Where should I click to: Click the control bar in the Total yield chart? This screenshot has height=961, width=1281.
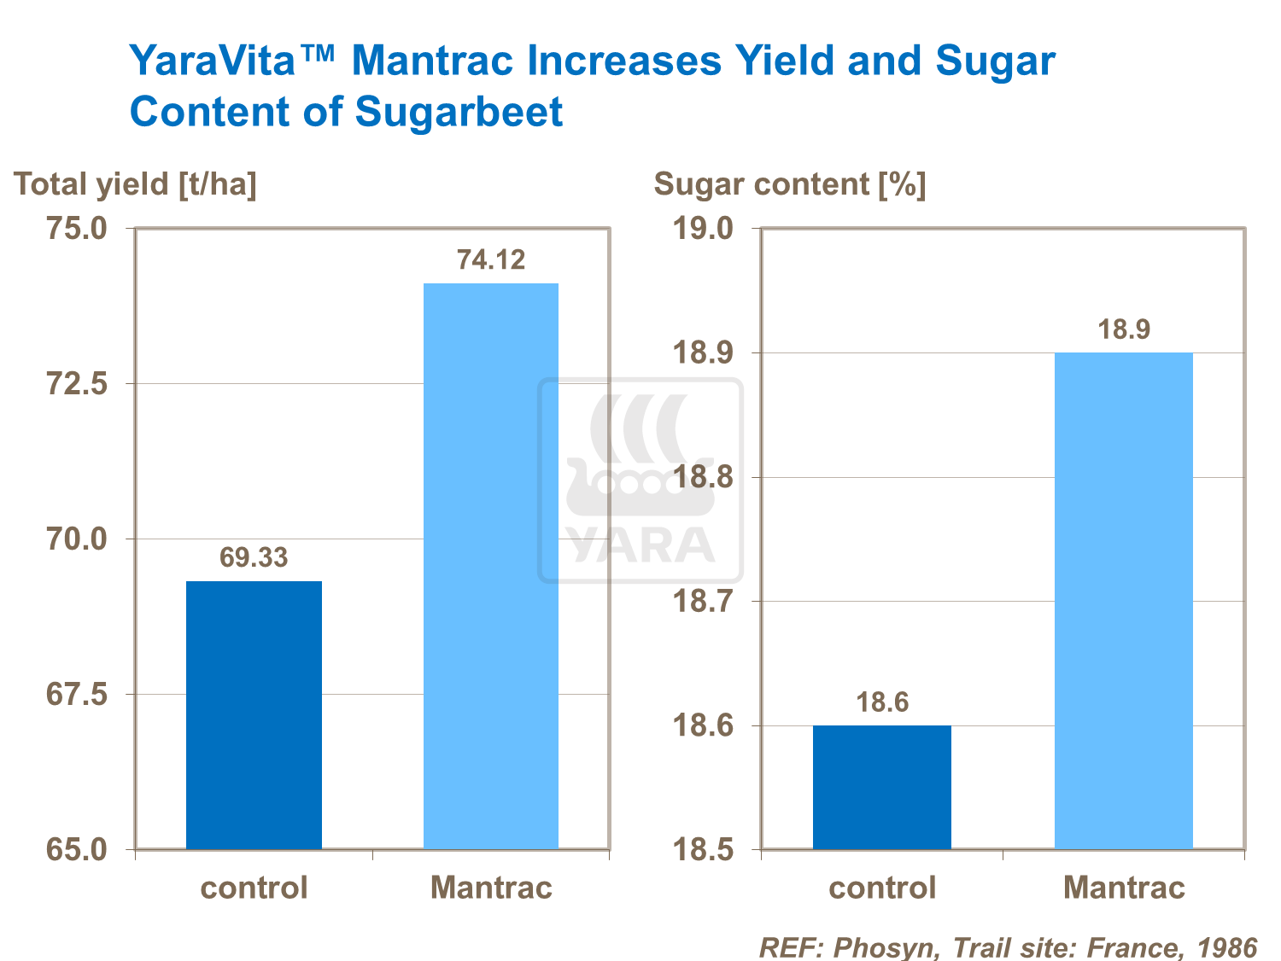click(x=254, y=715)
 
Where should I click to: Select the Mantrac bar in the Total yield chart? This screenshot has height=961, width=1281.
click(x=491, y=566)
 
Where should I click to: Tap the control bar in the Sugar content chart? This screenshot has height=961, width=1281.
click(x=881, y=787)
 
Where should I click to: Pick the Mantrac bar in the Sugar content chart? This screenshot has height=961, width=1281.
click(x=1123, y=601)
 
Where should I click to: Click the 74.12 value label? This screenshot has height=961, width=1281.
click(x=491, y=259)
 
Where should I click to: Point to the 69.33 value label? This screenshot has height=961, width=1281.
click(x=254, y=557)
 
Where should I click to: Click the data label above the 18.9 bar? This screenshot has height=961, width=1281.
click(x=1124, y=329)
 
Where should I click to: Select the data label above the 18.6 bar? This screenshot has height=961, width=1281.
click(x=882, y=702)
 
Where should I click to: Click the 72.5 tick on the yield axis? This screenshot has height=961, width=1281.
click(x=76, y=384)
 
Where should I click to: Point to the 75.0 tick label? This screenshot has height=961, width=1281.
click(x=76, y=229)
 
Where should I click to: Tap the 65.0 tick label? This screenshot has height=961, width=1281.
click(x=76, y=850)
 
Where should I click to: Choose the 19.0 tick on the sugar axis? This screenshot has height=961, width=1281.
click(x=703, y=229)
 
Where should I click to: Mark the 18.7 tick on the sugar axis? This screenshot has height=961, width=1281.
click(x=703, y=602)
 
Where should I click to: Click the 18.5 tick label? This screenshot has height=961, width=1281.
click(x=703, y=850)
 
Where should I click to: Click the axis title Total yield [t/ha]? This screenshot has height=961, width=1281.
click(x=135, y=184)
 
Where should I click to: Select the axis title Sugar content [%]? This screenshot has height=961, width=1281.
click(x=790, y=184)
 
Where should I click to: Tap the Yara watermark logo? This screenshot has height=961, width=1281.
click(x=640, y=480)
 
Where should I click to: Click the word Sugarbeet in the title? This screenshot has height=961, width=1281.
click(x=459, y=112)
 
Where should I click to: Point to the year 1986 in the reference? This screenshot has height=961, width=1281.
click(x=1227, y=947)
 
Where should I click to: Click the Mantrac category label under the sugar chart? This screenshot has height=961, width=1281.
click(x=1124, y=888)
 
